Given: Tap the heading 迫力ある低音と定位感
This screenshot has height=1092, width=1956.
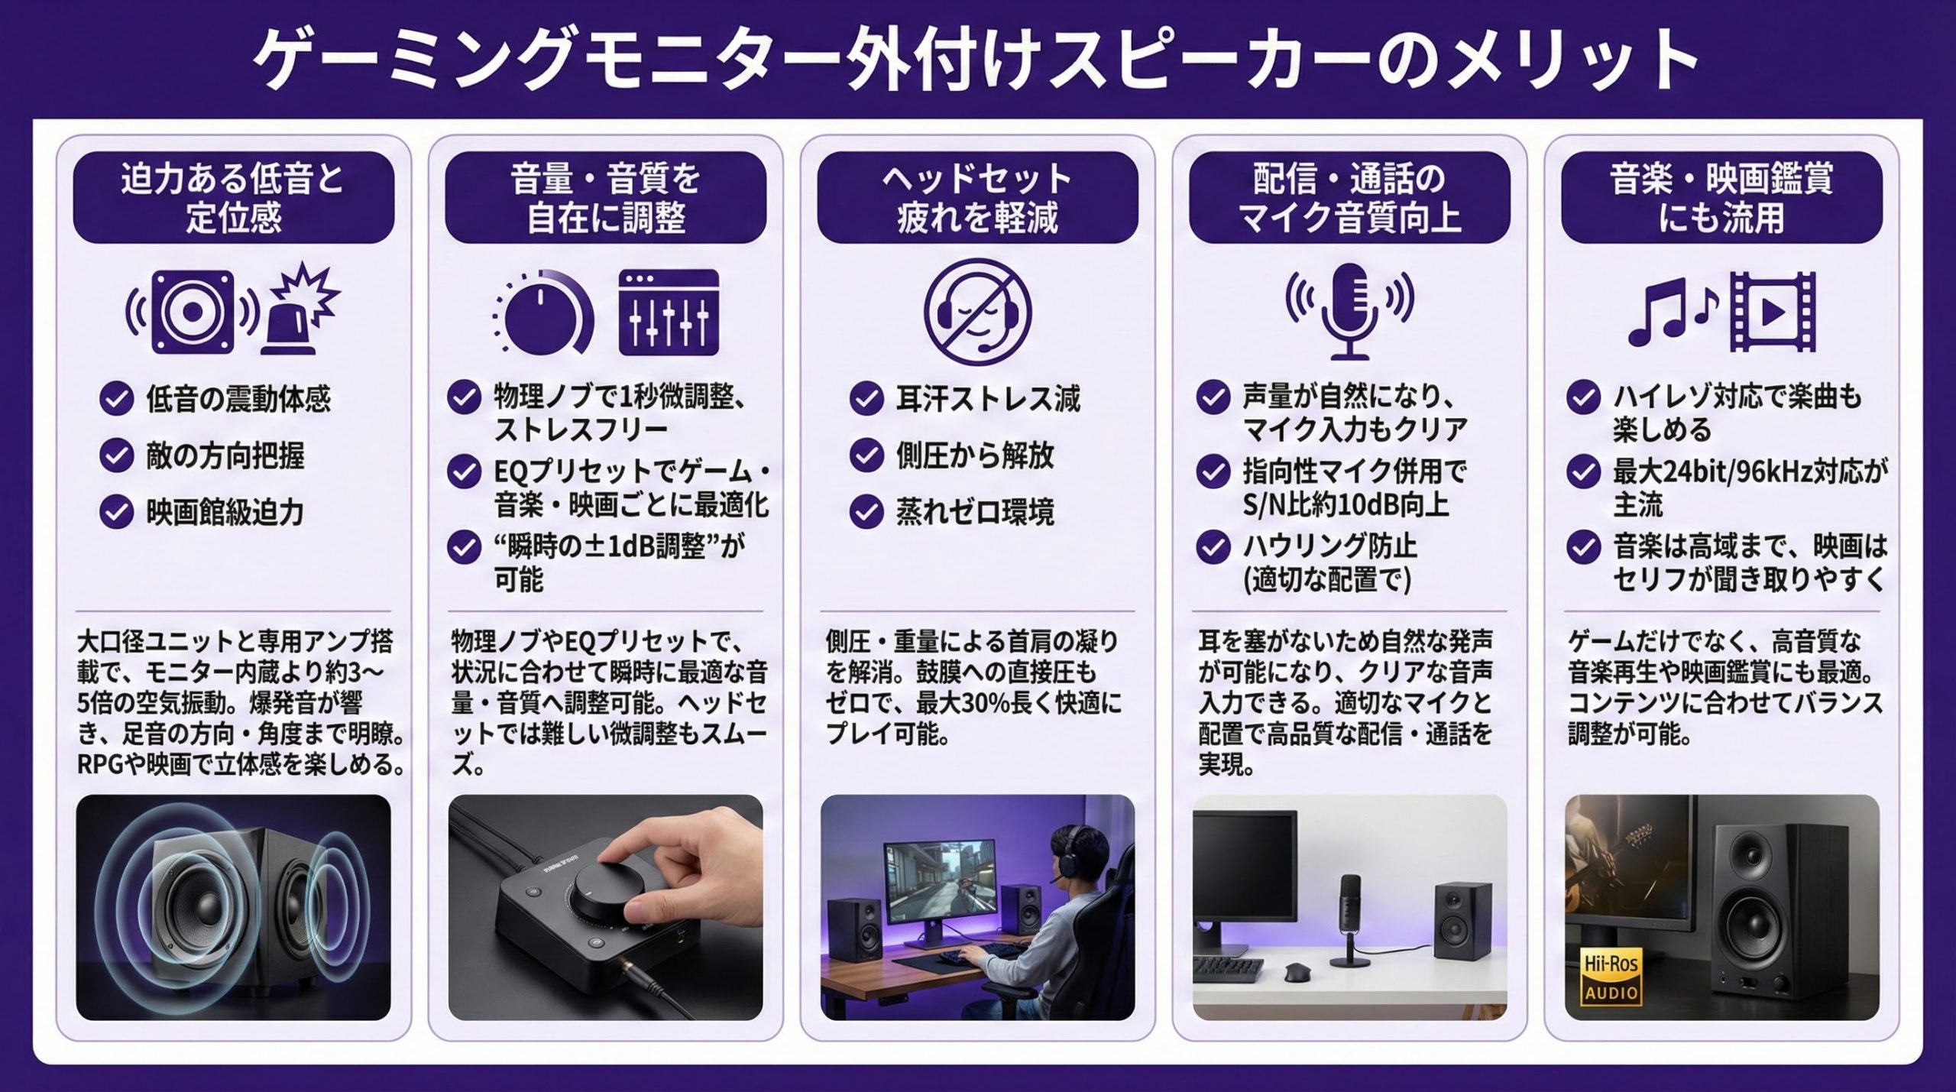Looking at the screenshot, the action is [x=233, y=198].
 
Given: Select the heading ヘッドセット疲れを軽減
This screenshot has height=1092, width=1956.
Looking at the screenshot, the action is [x=977, y=198].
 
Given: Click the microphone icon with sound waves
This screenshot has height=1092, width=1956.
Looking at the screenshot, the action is [x=1350, y=312].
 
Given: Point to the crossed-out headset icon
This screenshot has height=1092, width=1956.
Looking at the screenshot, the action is [x=977, y=312].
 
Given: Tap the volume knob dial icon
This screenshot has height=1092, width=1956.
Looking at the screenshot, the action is [x=543, y=312].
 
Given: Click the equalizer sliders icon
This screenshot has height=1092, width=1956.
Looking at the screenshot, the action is [x=669, y=312].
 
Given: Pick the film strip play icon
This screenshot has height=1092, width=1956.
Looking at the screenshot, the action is [x=1773, y=312].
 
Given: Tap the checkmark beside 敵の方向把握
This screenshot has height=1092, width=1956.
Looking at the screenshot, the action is [x=117, y=456].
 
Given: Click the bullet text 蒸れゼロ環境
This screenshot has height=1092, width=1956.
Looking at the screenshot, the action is [x=975, y=512].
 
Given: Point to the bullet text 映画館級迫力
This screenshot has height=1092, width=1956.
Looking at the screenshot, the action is [x=225, y=513].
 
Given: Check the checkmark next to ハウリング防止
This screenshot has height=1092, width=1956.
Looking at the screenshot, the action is [x=1213, y=547].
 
